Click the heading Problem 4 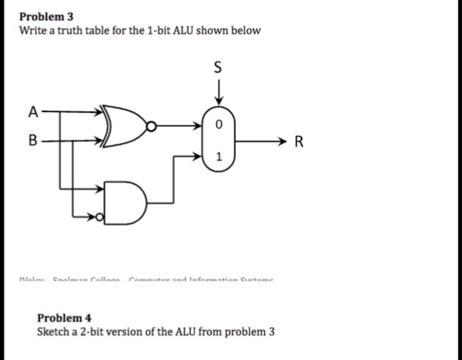coord(64,318)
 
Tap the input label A coord(31,112)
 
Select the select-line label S coord(217,69)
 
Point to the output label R coord(298,141)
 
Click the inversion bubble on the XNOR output coord(151,127)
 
